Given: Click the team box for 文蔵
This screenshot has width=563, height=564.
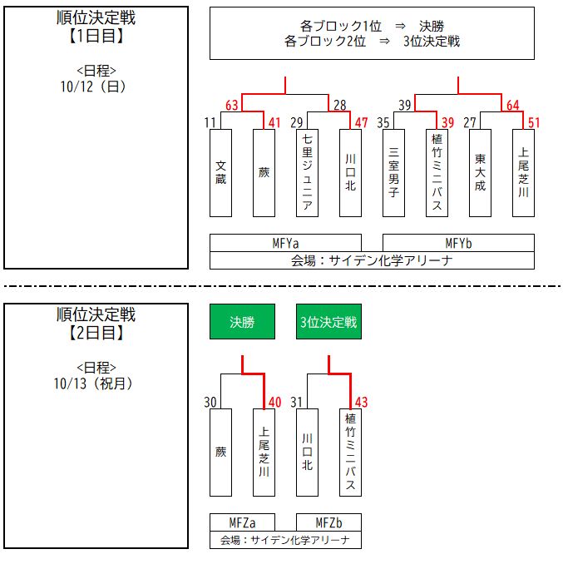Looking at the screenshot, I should (220, 172).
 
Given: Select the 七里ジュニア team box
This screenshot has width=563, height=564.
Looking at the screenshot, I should (307, 172).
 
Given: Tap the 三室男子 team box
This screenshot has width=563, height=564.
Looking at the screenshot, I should (393, 172).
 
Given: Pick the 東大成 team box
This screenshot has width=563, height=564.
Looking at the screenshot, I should (480, 172).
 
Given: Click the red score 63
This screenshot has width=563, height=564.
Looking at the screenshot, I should (232, 105).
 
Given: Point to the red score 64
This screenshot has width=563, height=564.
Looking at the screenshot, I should (512, 105).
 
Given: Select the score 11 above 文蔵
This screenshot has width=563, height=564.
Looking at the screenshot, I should (210, 122).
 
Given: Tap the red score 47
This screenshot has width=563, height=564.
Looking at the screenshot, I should (361, 122).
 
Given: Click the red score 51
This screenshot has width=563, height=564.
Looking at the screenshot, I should (534, 122).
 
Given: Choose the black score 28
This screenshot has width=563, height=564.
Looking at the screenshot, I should (339, 105).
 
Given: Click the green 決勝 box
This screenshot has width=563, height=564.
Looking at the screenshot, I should (242, 322).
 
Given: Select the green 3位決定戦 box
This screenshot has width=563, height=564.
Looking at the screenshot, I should (328, 322).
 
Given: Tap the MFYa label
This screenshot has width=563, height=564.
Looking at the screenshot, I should (285, 243).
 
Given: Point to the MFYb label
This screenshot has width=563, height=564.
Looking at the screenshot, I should (458, 243).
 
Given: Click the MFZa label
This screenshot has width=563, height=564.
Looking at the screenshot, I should (242, 522).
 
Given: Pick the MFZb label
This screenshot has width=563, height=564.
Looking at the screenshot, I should (328, 522).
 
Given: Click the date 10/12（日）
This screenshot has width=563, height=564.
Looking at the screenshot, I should (96, 86).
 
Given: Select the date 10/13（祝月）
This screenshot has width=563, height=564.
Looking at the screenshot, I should (96, 383).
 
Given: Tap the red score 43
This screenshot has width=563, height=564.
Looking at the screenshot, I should (361, 402).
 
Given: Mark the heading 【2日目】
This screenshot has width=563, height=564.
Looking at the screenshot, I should (96, 334).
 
